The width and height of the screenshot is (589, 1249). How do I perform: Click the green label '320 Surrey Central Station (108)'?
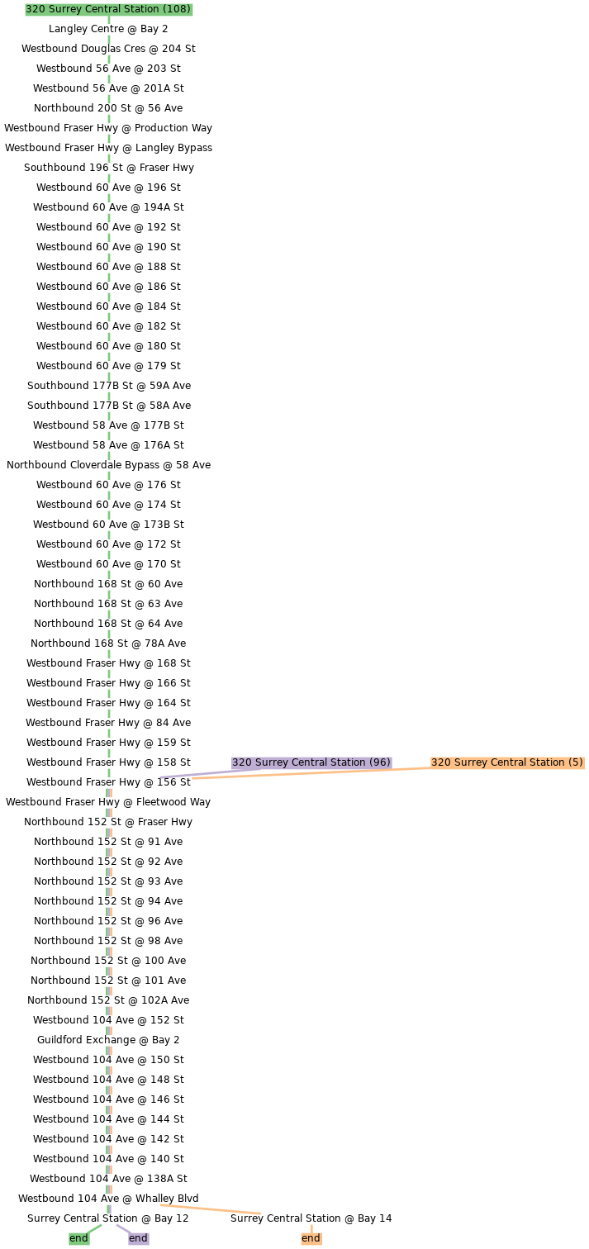point(108,9)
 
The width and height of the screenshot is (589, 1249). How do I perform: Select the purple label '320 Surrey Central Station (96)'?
point(311,762)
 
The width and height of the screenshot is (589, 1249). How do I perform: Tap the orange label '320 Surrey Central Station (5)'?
point(507,762)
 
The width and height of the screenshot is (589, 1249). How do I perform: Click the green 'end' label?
point(78,1238)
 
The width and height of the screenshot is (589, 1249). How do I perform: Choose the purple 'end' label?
point(138,1238)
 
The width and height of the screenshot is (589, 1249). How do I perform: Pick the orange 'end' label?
point(311,1238)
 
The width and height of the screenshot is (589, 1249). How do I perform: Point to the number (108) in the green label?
point(178,9)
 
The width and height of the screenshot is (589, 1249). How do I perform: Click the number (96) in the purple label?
point(380,762)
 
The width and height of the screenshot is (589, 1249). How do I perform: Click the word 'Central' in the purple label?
point(311,762)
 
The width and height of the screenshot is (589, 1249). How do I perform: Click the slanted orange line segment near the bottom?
point(210,1209)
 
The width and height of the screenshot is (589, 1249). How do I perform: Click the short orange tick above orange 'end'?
point(311,1228)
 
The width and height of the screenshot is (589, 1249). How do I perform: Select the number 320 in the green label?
point(35,9)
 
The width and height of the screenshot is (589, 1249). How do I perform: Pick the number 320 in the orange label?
point(440,762)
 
